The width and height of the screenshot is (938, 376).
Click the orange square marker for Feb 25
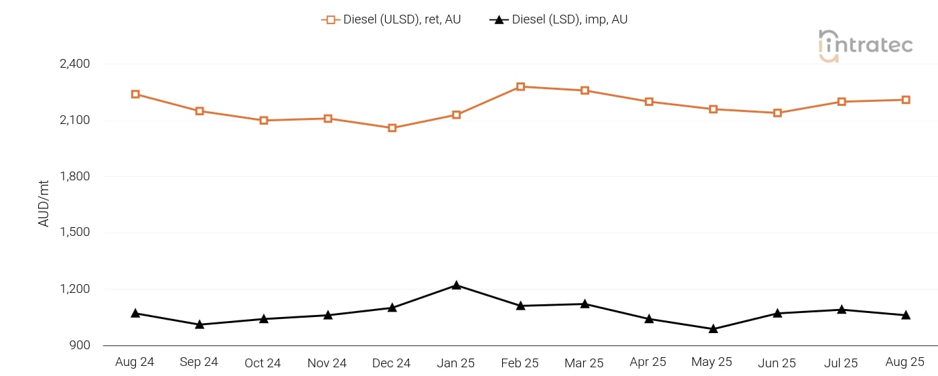pos(520,86)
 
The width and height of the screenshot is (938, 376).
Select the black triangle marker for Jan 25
pos(456,286)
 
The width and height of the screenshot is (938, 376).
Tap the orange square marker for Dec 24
pos(392,128)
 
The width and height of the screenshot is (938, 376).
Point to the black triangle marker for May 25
pos(713,329)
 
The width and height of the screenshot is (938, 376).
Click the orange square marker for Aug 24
pos(135,95)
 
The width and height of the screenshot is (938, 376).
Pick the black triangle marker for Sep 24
pos(200,324)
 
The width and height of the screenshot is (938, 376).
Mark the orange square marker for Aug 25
pos(905,100)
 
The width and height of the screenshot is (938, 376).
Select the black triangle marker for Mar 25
pos(584,304)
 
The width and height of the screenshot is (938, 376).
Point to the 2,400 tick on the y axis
pos(75,64)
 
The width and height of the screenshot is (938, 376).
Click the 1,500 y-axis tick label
pos(75,233)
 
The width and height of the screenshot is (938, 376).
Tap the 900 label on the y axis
pos(80,345)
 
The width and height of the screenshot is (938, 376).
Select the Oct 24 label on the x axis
pos(262,363)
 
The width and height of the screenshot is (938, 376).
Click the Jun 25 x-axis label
pos(777,363)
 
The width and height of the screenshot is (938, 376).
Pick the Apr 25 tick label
pos(647,362)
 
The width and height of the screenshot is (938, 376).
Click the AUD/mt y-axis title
pos(44,203)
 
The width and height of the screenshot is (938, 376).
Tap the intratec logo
pos(865,46)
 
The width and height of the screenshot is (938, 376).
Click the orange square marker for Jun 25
pos(777,113)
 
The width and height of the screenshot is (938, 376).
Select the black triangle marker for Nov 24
pos(328,315)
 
